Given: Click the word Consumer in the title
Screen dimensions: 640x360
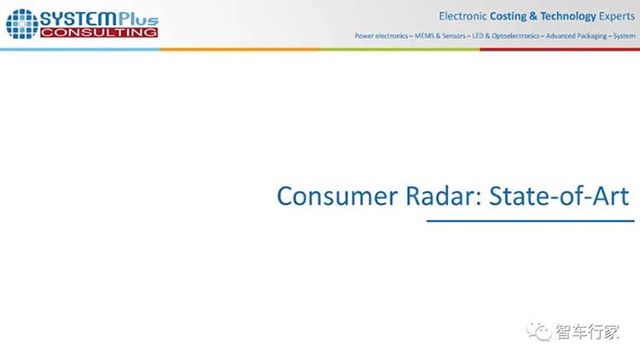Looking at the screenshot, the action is (337, 196).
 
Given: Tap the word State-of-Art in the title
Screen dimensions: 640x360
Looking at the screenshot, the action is (559, 196).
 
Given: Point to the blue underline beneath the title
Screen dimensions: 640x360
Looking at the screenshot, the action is (530, 221).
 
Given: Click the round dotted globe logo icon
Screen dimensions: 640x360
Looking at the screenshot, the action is (22, 24).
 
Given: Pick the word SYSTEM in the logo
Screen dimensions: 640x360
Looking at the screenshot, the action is (79, 19).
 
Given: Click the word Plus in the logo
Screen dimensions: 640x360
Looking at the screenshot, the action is (138, 19).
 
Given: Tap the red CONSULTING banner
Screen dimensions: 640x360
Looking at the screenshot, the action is (99, 32).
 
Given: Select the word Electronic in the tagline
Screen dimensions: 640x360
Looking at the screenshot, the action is (463, 16).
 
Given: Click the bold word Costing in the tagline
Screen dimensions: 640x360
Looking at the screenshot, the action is (509, 16).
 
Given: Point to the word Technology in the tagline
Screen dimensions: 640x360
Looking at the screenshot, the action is (568, 16).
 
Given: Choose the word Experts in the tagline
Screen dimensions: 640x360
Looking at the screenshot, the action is (617, 16).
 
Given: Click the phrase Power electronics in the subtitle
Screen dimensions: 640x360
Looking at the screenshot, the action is (381, 36).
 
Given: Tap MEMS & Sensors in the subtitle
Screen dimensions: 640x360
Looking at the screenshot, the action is (440, 36).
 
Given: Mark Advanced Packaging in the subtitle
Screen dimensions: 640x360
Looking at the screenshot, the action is (576, 36).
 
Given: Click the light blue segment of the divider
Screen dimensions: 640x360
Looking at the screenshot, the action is (80, 49).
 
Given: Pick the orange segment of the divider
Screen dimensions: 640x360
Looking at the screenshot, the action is (240, 49).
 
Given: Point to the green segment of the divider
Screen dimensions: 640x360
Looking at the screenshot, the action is (400, 49).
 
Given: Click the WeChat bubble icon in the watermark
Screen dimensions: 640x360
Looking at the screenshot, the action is (538, 331).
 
